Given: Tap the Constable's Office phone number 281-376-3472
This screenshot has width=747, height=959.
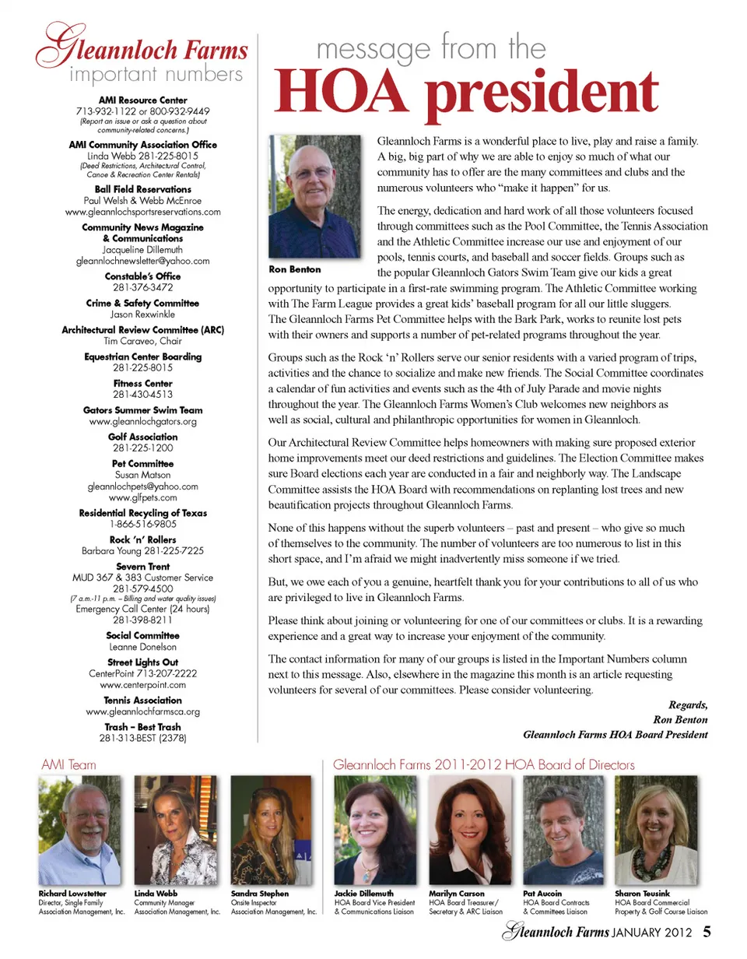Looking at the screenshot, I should click(143, 287).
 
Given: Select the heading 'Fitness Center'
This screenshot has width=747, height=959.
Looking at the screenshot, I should click(143, 384).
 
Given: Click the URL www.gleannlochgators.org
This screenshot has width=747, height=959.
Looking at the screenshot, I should click(143, 421).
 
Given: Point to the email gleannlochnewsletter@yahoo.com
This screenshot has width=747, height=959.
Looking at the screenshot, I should click(143, 261).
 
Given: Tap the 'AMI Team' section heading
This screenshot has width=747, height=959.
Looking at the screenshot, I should click(68, 765).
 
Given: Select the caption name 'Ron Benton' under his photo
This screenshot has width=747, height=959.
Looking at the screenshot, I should click(294, 270).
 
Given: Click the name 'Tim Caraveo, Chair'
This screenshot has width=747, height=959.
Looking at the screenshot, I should click(143, 340).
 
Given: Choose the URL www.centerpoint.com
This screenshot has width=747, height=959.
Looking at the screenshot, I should click(143, 685).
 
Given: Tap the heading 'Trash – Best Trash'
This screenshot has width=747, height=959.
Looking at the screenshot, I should click(143, 727).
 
